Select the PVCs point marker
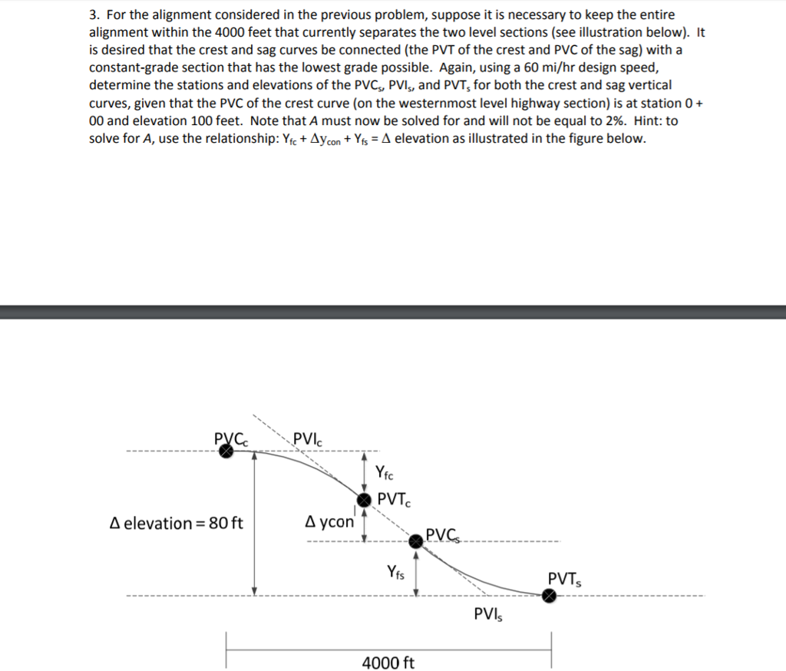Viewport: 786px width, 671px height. coord(415,542)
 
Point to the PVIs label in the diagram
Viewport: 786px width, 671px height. coord(489,615)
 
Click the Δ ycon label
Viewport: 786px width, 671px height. coord(329,522)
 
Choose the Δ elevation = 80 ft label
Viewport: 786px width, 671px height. coord(177,524)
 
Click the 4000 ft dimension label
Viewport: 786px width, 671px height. coord(388,662)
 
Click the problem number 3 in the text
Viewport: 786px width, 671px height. coord(93,15)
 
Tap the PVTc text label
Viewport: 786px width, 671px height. coord(395,500)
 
